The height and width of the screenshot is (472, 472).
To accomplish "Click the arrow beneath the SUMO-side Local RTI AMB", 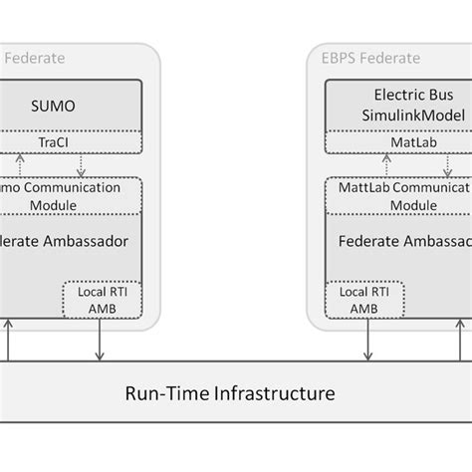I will (98, 345).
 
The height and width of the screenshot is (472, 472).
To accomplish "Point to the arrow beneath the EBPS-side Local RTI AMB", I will (367, 345).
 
